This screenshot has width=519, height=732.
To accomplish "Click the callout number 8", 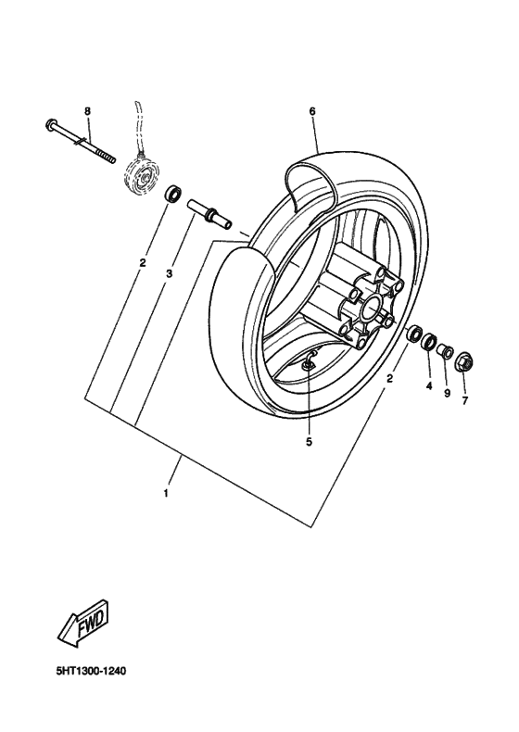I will click(x=88, y=112).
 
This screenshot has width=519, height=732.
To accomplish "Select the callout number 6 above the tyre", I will click(x=312, y=112).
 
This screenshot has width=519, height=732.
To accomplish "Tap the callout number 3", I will click(x=170, y=273).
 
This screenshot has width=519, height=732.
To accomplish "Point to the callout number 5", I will click(x=309, y=442).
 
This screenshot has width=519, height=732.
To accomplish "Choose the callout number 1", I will click(x=166, y=492).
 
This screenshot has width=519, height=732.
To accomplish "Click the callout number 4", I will click(x=429, y=385).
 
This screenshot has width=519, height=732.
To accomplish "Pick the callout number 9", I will click(x=446, y=393).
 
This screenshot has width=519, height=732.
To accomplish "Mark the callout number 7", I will click(x=465, y=400).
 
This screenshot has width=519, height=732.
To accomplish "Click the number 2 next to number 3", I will click(x=143, y=263).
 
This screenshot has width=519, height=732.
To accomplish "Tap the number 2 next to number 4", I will click(x=390, y=378).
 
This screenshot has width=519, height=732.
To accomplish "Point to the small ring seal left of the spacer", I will click(x=172, y=196).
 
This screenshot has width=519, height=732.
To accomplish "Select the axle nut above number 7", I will click(x=462, y=360).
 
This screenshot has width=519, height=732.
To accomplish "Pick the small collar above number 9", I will click(x=445, y=350).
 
